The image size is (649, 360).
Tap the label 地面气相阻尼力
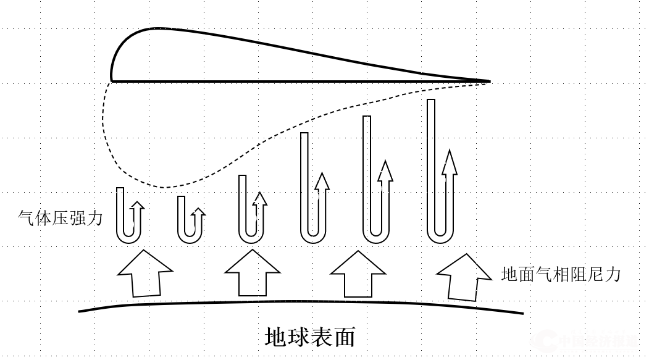pos(560,274)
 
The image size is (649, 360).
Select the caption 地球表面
pos(310,337)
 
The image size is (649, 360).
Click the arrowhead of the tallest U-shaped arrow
pos(450,161)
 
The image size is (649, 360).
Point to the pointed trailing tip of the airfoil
pos(488,81)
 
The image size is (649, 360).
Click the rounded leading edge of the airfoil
pos(113,68)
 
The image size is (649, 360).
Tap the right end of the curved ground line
pos(522,313)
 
